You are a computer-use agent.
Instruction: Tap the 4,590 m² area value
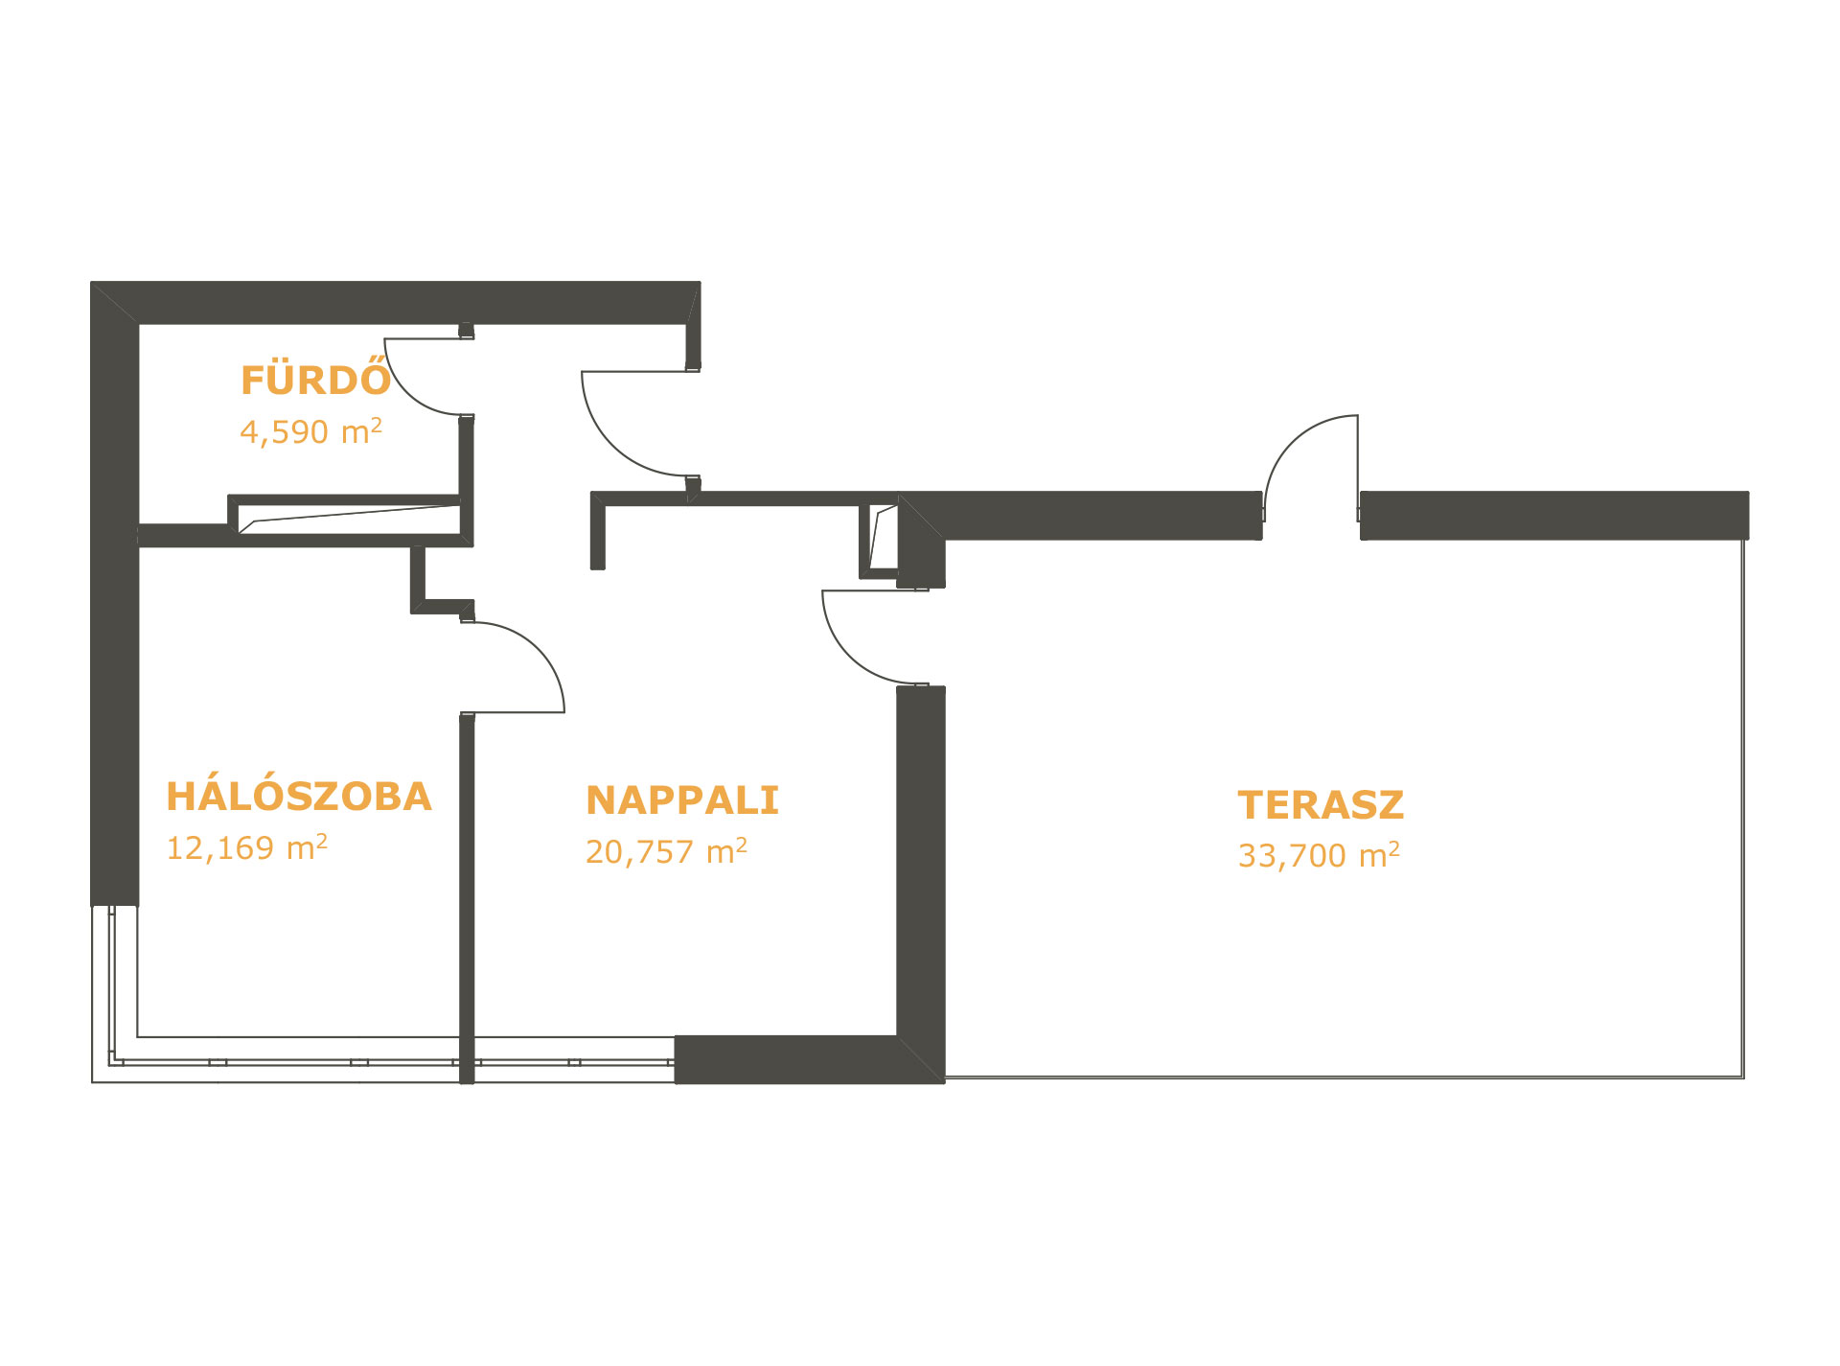pyautogui.click(x=310, y=431)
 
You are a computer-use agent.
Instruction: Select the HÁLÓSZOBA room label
pyautogui.click(x=299, y=797)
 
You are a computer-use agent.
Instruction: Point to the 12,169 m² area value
pyautogui.click(x=247, y=847)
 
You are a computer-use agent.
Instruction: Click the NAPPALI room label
pyautogui.click(x=682, y=800)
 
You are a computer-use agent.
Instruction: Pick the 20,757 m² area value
pyautogui.click(x=667, y=851)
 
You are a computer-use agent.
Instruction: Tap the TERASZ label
pyautogui.click(x=1321, y=805)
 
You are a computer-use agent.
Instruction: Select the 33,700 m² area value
pyautogui.click(x=1319, y=855)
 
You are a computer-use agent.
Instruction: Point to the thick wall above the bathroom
pyautogui.click(x=396, y=303)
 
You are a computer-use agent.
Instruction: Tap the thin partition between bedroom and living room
pyautogui.click(x=467, y=898)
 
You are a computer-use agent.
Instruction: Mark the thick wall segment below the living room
pyautogui.click(x=787, y=1059)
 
